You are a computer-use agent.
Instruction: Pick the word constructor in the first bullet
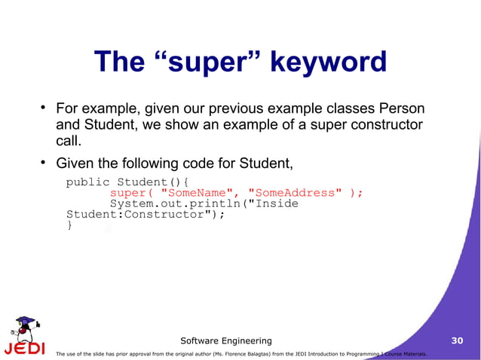point(382,125)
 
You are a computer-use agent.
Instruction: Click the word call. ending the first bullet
point(69,142)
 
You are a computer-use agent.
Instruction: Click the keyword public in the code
point(87,182)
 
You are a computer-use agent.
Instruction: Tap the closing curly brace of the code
point(69,224)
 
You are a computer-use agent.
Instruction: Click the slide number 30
point(456,341)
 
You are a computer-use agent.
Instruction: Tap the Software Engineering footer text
point(226,341)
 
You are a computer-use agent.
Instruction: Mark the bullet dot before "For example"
point(44,107)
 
